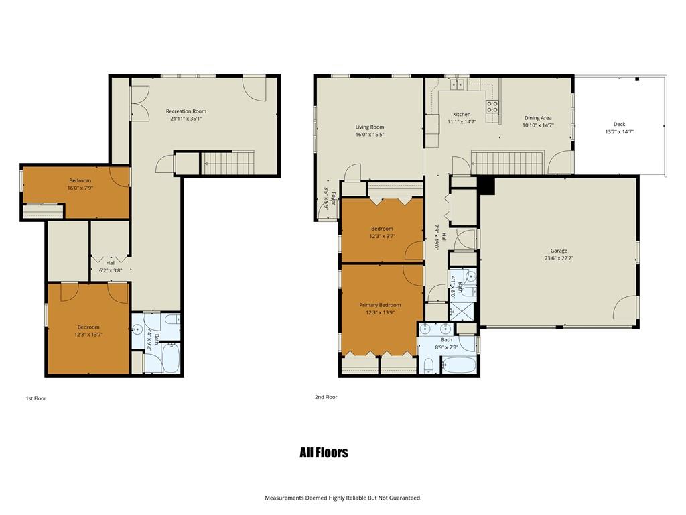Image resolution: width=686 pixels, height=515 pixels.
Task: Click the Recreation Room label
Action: point(186,111)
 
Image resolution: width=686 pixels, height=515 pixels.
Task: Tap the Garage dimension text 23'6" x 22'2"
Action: point(559,258)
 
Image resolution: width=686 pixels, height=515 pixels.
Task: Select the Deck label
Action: point(619,124)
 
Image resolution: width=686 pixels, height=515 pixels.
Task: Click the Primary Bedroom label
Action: point(380,305)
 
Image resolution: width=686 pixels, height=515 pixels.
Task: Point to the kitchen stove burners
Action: point(492,107)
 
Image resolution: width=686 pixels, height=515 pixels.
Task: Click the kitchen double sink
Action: point(457,84)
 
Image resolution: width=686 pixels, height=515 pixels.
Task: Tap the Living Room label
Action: point(370,127)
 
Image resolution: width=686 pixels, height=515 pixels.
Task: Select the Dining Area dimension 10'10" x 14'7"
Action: point(538,125)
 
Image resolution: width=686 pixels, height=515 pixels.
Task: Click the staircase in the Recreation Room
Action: point(228,163)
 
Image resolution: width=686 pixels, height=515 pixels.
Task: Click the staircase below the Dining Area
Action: point(507,163)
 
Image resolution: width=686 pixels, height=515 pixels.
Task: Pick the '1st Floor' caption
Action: point(36,398)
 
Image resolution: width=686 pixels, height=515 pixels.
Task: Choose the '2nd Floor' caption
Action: point(326,397)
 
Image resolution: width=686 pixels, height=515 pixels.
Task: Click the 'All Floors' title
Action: point(324,453)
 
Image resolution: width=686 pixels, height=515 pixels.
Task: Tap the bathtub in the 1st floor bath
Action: point(170,358)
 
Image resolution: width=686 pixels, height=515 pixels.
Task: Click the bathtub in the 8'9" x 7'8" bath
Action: point(458,365)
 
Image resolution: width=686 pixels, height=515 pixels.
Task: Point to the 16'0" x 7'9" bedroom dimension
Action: point(80,188)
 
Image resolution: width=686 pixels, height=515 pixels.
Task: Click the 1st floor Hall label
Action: point(111,263)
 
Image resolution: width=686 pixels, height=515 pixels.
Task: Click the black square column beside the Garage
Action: point(486,186)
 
